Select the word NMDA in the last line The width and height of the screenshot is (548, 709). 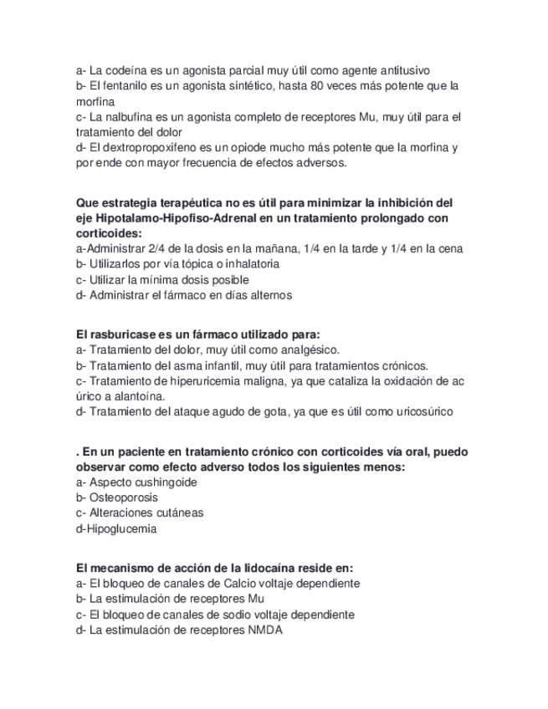(x=265, y=630)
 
